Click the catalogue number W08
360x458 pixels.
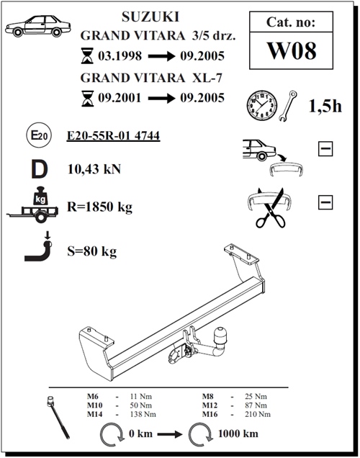coord(292,50)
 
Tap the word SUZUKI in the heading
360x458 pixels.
coord(150,17)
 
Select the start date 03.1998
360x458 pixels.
coord(120,55)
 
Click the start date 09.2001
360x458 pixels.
coord(120,97)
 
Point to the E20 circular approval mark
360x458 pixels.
coord(39,135)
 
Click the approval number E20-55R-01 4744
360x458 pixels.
coord(113,136)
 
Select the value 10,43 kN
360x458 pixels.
coord(94,169)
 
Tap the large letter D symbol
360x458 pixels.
coord(40,169)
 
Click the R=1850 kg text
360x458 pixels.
coord(99,207)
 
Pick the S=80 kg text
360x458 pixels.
coord(91,251)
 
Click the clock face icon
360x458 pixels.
coord(262,105)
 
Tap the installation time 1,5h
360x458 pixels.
coord(325,106)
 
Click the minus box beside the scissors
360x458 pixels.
coord(325,202)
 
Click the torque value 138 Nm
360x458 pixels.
coord(143,414)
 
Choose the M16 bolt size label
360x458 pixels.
coord(210,414)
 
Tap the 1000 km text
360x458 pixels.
coord(238,434)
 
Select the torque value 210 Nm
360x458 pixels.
coord(258,414)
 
